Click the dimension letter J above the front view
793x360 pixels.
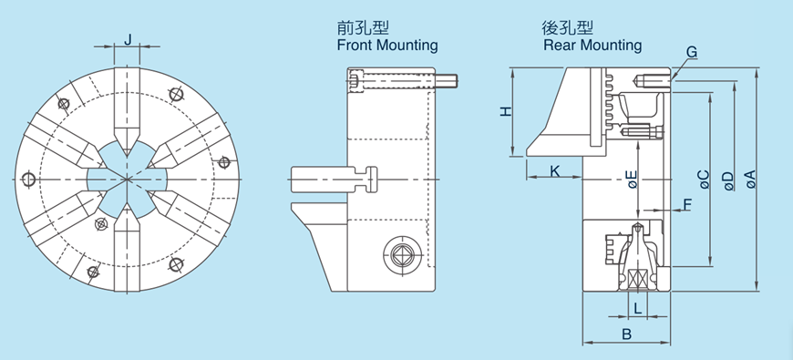click(x=129, y=38)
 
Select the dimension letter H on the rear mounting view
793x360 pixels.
click(x=506, y=111)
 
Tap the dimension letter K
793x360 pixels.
click(x=554, y=170)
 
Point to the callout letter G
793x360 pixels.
click(x=692, y=53)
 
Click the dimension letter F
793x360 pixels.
click(x=687, y=204)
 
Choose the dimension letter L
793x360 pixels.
click(x=637, y=309)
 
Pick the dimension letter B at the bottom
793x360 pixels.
click(x=626, y=334)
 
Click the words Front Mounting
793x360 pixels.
click(x=387, y=45)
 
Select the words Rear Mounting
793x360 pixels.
click(x=592, y=45)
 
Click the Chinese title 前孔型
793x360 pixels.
click(x=355, y=28)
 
